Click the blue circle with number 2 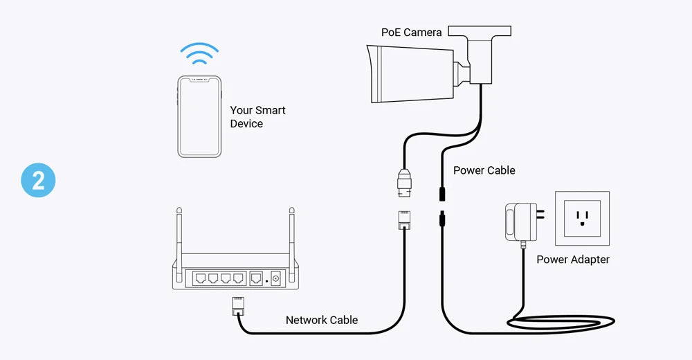[37, 181]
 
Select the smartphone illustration [199, 116]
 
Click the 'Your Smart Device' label [257, 117]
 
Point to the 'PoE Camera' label [411, 33]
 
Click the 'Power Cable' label [484, 170]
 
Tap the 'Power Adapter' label [573, 260]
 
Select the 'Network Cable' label [322, 320]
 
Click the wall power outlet [582, 219]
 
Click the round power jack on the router [276, 279]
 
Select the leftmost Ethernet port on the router [201, 278]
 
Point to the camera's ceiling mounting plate [480, 31]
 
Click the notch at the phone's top [199, 79]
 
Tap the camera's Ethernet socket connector [404, 182]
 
